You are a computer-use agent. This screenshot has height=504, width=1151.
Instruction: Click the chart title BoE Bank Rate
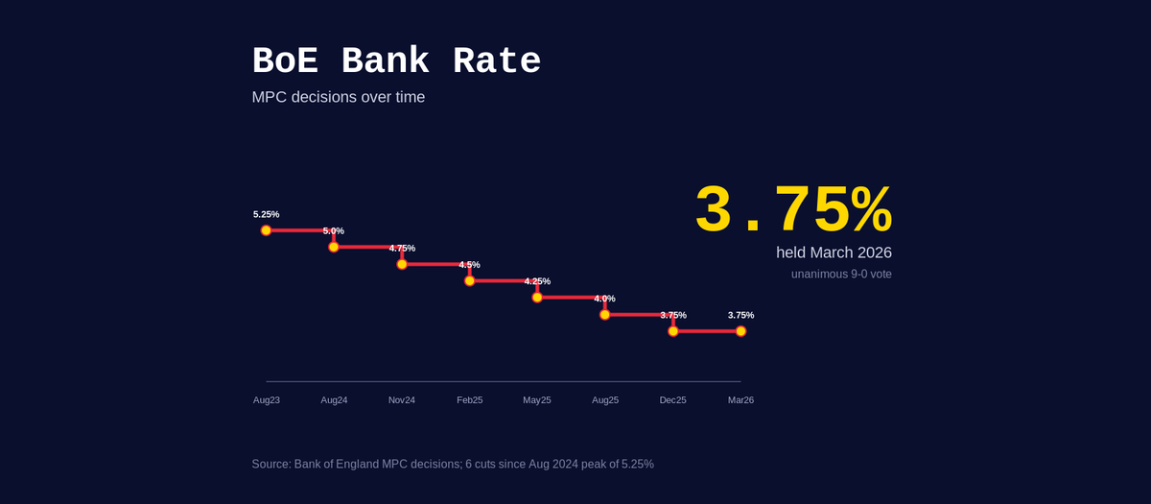coord(396,62)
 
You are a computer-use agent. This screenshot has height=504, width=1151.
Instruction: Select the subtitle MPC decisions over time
coord(338,97)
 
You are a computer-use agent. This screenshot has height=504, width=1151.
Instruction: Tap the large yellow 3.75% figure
coord(792,210)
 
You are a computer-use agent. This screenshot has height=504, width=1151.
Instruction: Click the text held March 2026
coord(834,252)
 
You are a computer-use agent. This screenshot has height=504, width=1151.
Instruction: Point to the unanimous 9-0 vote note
coord(841,275)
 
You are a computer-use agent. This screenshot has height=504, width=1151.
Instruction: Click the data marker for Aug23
coord(266,230)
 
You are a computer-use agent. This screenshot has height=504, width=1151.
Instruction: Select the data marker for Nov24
coord(402,264)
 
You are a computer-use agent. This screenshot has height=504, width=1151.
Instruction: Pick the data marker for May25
coord(537,298)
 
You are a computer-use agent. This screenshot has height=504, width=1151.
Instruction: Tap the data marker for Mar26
coord(740,331)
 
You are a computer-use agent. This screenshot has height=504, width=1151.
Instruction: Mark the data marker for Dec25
coord(673,331)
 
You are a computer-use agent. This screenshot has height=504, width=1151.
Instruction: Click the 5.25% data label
coord(266,214)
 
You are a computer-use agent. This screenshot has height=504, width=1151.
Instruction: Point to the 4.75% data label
coord(402,248)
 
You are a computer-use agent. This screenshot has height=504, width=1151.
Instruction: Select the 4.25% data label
coord(537,281)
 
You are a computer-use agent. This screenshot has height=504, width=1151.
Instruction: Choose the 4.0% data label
coord(604,299)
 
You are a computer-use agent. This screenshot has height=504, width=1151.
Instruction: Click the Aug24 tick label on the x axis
coord(334,399)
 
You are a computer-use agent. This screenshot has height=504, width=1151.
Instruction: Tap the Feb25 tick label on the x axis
coord(469,399)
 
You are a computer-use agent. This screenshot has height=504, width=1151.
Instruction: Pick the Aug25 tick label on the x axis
coord(605,399)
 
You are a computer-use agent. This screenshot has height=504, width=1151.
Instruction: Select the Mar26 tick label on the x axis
coord(740,399)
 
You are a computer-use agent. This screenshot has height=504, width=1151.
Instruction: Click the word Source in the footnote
coord(270,465)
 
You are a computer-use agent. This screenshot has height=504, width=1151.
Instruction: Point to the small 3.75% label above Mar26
coord(740,315)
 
